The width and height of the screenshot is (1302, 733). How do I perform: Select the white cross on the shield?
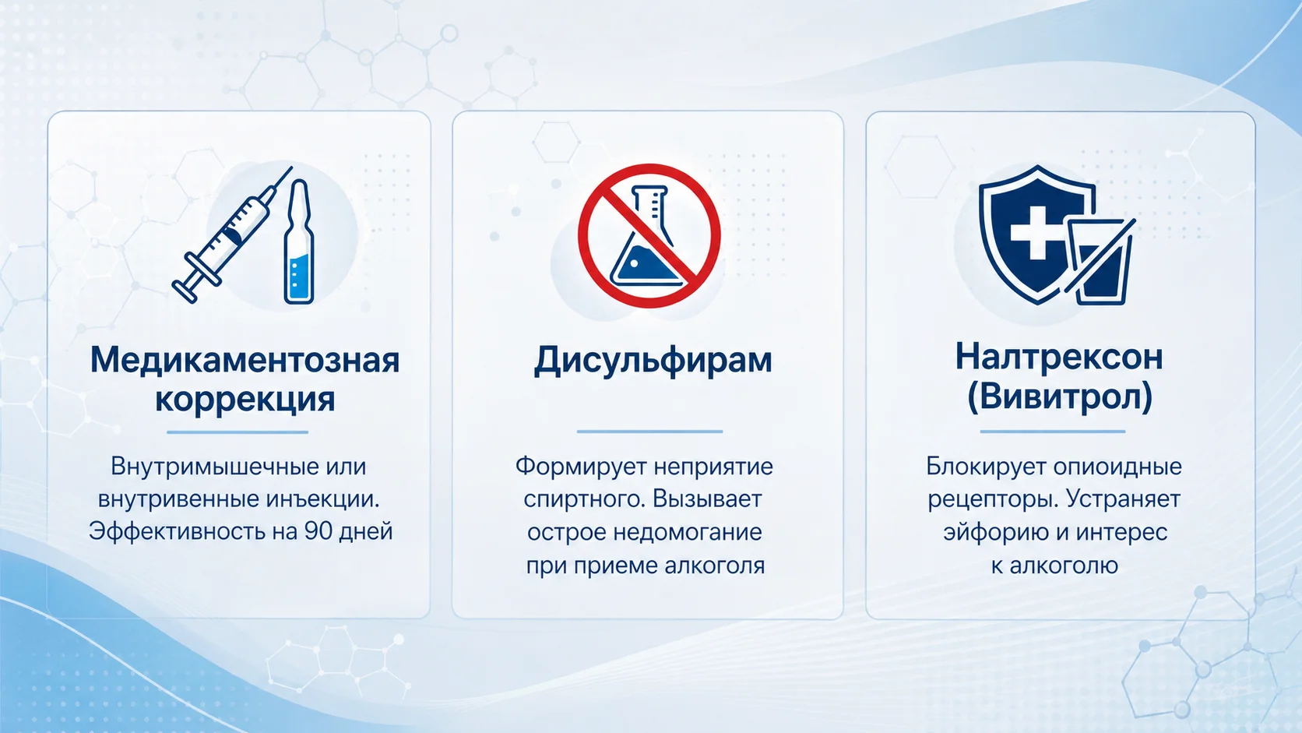(1037, 232)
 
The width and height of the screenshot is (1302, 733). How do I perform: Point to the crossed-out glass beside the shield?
(1100, 262)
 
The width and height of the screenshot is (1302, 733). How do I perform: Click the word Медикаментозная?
(245, 361)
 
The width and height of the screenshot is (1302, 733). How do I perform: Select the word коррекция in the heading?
(245, 400)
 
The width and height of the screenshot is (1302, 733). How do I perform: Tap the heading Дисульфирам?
(653, 361)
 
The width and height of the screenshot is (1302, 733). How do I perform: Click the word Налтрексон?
(1059, 357)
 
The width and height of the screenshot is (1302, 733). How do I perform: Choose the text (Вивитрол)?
(1059, 397)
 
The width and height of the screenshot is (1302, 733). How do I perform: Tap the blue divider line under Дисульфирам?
(650, 432)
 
